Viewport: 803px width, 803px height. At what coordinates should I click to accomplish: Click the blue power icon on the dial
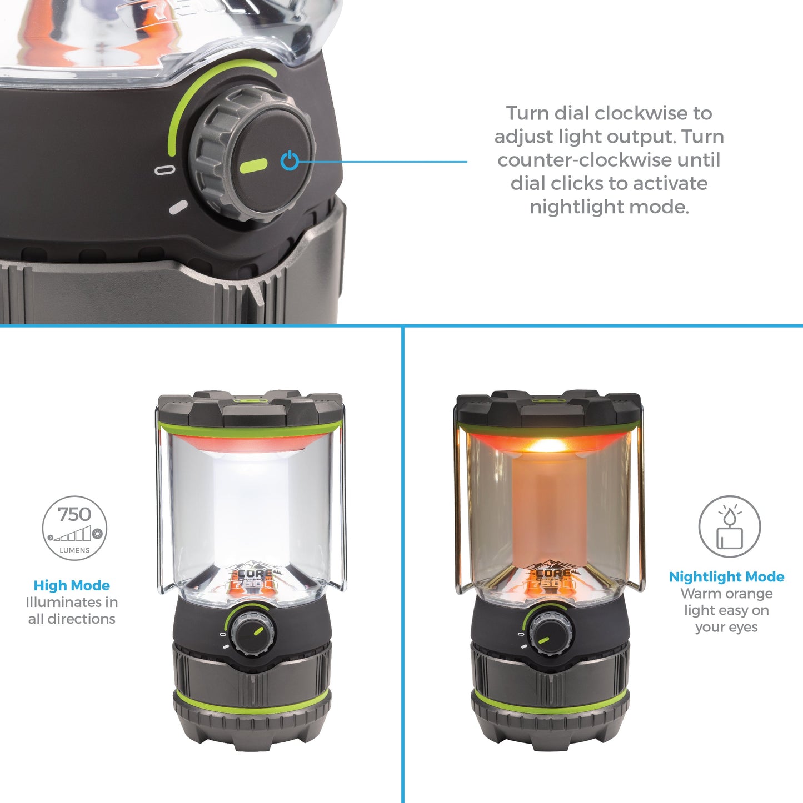290,160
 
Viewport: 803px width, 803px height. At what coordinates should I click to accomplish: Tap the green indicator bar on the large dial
253,165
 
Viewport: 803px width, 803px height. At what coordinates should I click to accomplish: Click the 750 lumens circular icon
74,528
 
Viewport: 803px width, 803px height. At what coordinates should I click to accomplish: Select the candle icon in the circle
729,527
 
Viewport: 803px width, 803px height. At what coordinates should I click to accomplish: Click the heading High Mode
72,585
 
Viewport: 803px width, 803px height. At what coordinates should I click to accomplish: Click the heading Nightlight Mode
726,576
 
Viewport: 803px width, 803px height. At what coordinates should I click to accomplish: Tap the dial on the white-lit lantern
253,633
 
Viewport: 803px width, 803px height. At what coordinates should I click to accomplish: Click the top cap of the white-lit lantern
250,409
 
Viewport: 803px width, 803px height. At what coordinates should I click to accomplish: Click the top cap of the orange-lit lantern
548,409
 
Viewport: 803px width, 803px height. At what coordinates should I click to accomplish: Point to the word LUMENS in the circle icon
74,550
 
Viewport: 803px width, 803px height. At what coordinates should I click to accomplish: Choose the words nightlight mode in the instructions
609,207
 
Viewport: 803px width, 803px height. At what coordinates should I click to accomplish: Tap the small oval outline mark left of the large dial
164,170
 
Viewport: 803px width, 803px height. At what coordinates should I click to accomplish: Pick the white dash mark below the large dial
178,207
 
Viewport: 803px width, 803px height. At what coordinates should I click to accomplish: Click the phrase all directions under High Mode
72,619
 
